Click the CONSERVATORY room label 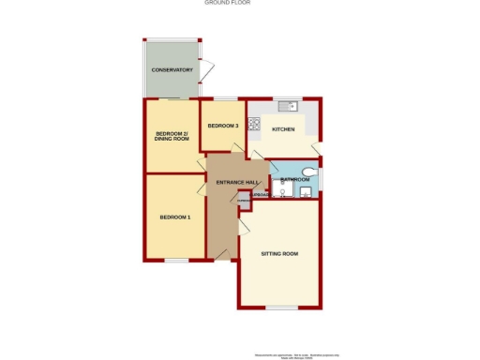pyautogui.click(x=172, y=70)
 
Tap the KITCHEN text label pyautogui.click(x=283, y=129)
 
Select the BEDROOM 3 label pyautogui.click(x=222, y=126)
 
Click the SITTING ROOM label pyautogui.click(x=281, y=254)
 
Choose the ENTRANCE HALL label pyautogui.click(x=237, y=182)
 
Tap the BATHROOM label pyautogui.click(x=293, y=178)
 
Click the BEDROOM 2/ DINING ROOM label pyautogui.click(x=172, y=137)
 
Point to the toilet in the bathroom pyautogui.click(x=310, y=172)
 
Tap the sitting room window pyautogui.click(x=280, y=308)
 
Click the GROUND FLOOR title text pyautogui.click(x=227, y=3)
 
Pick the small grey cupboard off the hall pyautogui.click(x=243, y=201)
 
